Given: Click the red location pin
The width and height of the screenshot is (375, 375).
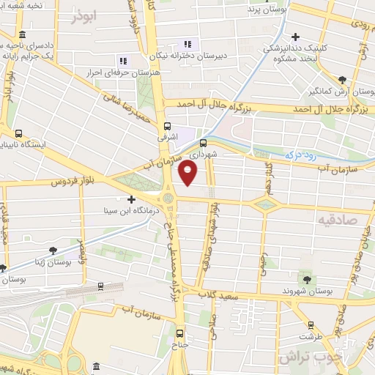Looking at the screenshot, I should [x=188, y=173].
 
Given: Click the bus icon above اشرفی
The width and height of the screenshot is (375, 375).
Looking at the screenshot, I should [x=168, y=126].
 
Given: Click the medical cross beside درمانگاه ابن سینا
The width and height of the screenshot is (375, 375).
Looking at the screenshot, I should [x=131, y=198].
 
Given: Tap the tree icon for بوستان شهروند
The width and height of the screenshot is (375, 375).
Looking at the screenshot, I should [x=306, y=279].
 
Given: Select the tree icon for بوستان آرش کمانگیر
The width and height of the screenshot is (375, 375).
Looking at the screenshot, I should [x=341, y=79].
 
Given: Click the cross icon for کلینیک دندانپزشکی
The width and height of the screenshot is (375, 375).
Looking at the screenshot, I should [x=295, y=37].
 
